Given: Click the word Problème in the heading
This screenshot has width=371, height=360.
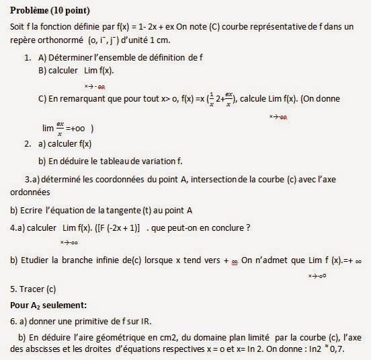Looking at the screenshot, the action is coord(29,11).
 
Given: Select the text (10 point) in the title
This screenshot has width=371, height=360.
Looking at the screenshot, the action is coord(71,11).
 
